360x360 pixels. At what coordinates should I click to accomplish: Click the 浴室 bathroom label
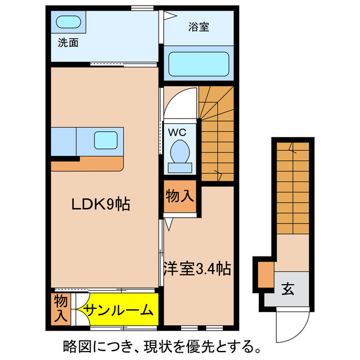[199, 27]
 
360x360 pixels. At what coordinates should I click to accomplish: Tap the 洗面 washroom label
[67, 42]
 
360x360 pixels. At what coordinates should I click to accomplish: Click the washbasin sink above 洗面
[69, 22]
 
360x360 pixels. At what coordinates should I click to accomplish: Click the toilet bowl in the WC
[180, 152]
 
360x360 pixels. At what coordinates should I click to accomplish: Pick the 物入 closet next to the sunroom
[60, 308]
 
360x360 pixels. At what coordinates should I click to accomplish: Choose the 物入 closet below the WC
[179, 197]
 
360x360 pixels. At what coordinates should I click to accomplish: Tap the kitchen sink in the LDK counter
[106, 139]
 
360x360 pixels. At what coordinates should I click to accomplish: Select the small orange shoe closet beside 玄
[264, 276]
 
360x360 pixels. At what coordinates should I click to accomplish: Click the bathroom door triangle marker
[166, 17]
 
